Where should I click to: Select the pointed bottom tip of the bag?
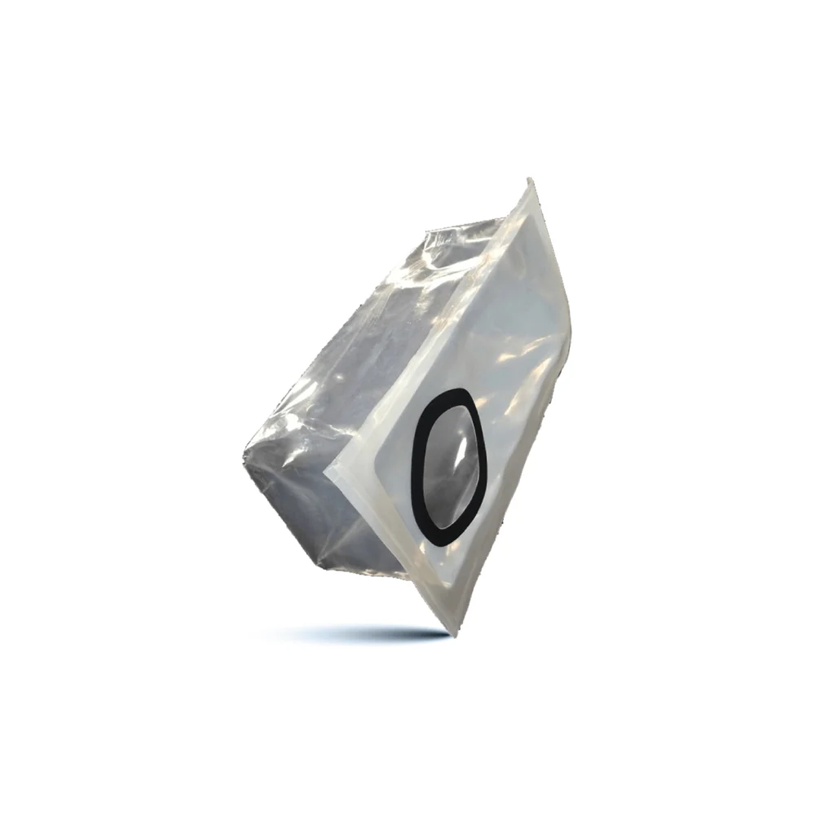coord(449,632)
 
